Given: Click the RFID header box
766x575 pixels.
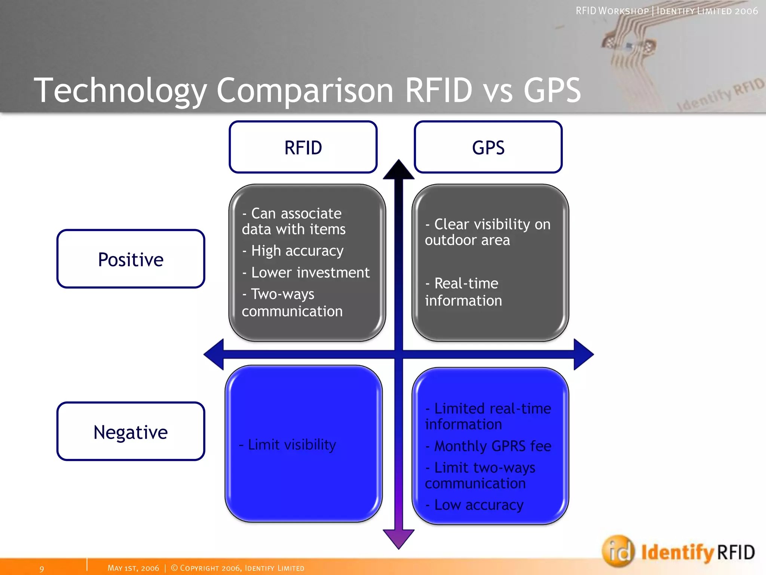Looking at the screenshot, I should pyautogui.click(x=303, y=147).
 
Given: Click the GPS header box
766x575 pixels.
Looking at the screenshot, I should pyautogui.click(x=488, y=147).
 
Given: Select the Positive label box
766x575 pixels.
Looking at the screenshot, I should pyautogui.click(x=131, y=259).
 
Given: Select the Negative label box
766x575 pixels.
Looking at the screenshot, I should pyautogui.click(x=131, y=432).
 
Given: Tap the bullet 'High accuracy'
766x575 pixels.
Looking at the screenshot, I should pyautogui.click(x=293, y=251).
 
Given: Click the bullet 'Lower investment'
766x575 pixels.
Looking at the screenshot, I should pyautogui.click(x=306, y=273).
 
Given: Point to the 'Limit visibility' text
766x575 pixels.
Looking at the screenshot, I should pyautogui.click(x=288, y=445).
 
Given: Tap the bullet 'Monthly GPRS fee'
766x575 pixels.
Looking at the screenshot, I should pyautogui.click(x=488, y=446).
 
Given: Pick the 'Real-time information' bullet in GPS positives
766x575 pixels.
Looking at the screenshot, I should pyautogui.click(x=463, y=292).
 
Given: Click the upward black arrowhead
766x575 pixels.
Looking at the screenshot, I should pyautogui.click(x=399, y=170).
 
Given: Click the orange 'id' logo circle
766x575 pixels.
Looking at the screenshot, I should pyautogui.click(x=618, y=551).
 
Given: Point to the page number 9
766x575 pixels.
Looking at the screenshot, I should pyautogui.click(x=42, y=569).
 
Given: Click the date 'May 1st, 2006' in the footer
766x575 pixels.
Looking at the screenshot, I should pyautogui.click(x=133, y=568).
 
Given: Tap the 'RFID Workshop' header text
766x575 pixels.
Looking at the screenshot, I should pyautogui.click(x=612, y=11).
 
